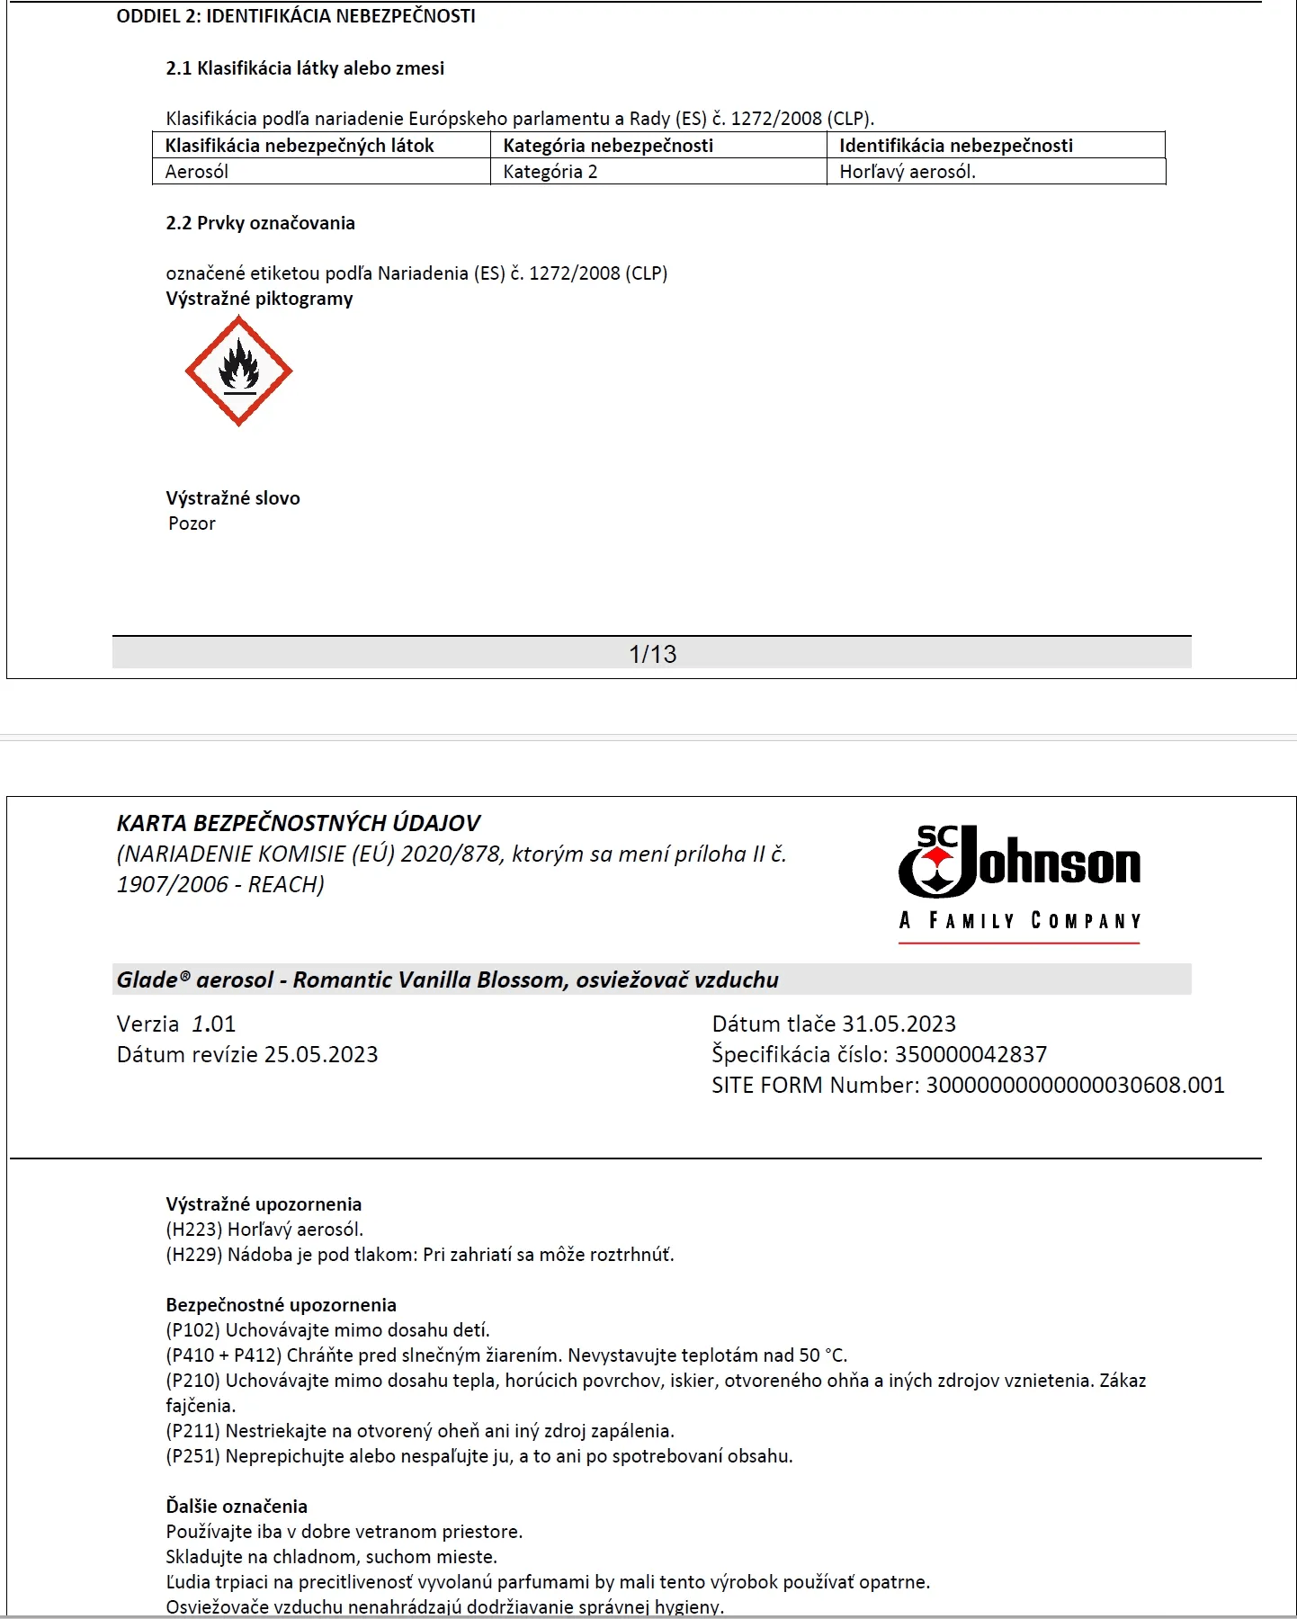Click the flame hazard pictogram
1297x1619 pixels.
(x=238, y=371)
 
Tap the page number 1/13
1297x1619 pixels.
(x=652, y=654)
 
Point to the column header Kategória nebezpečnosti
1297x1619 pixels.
(x=608, y=146)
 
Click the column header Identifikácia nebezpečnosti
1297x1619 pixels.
(x=956, y=146)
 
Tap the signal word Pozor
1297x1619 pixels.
(x=192, y=523)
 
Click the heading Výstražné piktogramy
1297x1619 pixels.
(x=259, y=299)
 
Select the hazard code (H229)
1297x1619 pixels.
(x=193, y=1255)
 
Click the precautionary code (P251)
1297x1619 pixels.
(x=192, y=1456)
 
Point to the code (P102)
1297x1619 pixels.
(x=192, y=1330)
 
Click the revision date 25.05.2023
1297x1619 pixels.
(x=321, y=1054)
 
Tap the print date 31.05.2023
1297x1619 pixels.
(x=899, y=1024)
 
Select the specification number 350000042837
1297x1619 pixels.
(x=971, y=1054)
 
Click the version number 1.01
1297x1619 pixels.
(x=214, y=1024)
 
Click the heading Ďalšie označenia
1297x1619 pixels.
(x=237, y=1507)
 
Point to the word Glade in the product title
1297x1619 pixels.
(x=148, y=979)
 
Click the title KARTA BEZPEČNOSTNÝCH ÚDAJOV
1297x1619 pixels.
(x=299, y=823)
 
